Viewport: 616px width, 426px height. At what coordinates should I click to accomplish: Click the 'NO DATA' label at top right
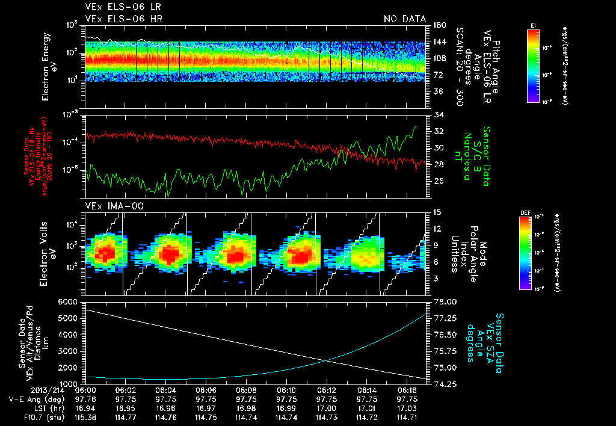(x=405, y=19)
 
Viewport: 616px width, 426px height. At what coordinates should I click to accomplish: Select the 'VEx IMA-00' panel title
(x=108, y=206)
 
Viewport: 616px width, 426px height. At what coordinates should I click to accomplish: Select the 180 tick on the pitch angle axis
(x=439, y=25)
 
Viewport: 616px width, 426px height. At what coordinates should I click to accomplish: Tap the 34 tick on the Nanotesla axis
(x=438, y=114)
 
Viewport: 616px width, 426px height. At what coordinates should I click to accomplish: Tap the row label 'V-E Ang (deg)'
(x=28, y=399)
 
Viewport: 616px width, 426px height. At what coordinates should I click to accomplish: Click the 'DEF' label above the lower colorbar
(x=525, y=213)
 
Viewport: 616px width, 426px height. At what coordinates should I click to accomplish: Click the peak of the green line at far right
(x=416, y=126)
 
